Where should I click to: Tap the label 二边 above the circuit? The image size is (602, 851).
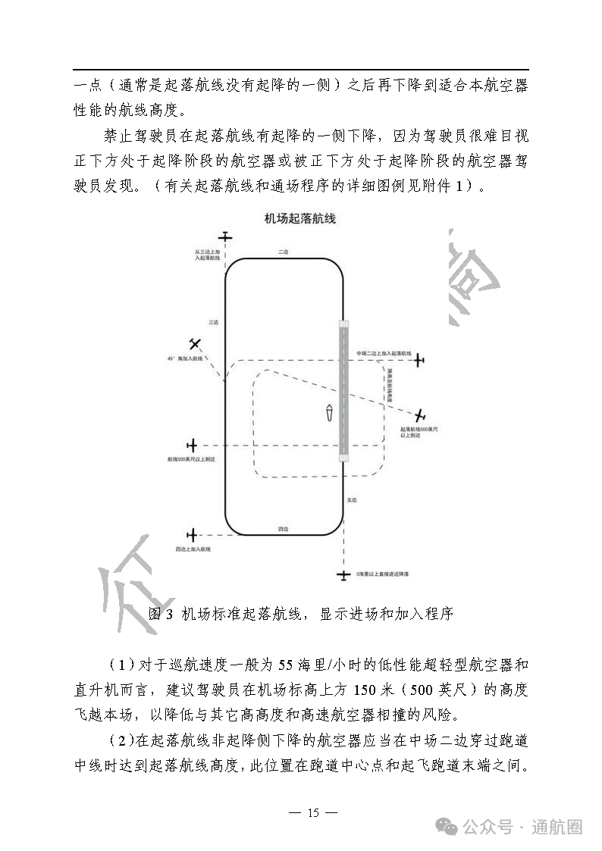[283, 252]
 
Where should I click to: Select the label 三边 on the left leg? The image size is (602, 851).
[213, 322]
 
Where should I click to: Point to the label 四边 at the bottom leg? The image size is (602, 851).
[282, 528]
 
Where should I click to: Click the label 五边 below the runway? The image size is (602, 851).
[351, 500]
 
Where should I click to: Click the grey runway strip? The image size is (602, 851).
[343, 390]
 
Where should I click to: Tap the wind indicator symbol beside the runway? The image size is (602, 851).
[329, 414]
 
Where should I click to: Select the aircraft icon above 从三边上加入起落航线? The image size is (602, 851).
[224, 237]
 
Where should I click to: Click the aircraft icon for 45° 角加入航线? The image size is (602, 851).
[196, 345]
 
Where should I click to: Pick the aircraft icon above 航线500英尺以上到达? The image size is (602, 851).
[193, 445]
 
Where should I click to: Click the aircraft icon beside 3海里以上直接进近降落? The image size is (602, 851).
[344, 576]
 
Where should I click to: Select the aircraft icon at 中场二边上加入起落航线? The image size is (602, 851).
[419, 360]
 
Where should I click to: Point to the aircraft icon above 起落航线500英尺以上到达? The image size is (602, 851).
[420, 415]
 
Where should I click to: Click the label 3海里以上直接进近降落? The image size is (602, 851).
[383, 576]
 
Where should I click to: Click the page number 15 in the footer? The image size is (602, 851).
[313, 813]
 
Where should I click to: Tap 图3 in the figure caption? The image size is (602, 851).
[161, 614]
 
